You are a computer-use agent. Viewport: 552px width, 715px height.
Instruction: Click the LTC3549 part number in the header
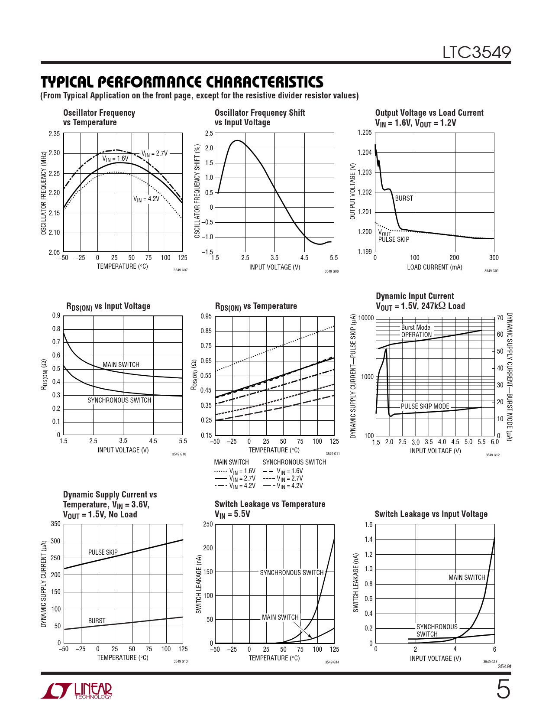click(x=476, y=52)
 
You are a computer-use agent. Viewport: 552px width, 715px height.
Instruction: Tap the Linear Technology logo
click(x=77, y=691)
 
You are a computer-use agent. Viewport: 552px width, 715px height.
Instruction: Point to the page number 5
click(x=503, y=689)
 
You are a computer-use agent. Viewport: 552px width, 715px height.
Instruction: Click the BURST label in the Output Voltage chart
click(x=404, y=198)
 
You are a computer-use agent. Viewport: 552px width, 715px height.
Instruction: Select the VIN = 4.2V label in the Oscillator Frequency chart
click(x=146, y=199)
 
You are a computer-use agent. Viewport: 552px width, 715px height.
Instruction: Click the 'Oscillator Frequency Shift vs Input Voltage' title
click(x=259, y=117)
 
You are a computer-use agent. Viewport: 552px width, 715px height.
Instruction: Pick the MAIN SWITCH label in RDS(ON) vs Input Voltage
click(x=121, y=365)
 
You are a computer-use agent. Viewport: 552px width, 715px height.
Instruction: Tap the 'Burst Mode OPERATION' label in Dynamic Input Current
click(x=416, y=331)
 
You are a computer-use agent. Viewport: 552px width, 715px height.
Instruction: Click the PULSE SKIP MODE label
click(x=425, y=406)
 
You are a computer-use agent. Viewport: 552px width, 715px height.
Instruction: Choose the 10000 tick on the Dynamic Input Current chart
click(x=366, y=318)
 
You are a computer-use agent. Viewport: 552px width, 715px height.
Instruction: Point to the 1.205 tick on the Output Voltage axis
click(x=365, y=133)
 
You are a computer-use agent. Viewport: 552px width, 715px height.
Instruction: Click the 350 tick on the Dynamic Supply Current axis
click(x=56, y=524)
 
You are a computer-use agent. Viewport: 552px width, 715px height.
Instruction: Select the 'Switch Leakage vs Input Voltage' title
click(x=431, y=514)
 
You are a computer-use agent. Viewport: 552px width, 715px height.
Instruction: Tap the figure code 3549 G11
click(x=332, y=454)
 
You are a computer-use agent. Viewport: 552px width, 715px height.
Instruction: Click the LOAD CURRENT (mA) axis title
click(x=434, y=267)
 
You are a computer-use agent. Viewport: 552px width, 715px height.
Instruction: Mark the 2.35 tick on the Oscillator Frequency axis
click(x=54, y=134)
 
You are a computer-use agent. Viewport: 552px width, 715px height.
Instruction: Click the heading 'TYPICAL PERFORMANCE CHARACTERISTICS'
click(x=182, y=82)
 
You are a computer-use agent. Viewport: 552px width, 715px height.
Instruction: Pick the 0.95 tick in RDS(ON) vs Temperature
click(x=206, y=316)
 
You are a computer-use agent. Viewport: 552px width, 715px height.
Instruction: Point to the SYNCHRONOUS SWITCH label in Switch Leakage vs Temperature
click(x=291, y=573)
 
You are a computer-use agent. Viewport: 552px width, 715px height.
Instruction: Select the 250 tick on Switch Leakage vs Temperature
click(x=208, y=524)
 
